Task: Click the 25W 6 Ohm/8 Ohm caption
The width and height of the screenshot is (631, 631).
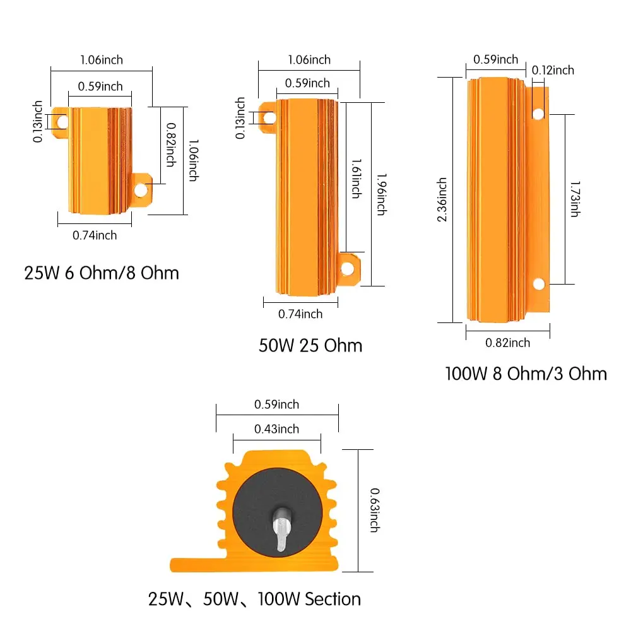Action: tap(102, 273)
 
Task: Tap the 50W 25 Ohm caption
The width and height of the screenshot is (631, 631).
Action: tap(310, 345)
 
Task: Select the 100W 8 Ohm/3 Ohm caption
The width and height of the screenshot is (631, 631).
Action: tap(526, 374)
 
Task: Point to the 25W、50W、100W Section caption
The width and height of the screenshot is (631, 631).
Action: tap(254, 599)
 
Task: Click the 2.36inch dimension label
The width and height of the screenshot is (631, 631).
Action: tap(442, 199)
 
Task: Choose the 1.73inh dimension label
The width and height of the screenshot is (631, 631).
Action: tap(575, 199)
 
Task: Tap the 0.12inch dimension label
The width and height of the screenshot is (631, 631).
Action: tap(553, 70)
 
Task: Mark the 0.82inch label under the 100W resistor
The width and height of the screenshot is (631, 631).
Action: tap(507, 343)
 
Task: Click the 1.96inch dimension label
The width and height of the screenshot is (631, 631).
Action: tap(382, 194)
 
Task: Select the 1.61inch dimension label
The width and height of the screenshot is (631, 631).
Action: tap(357, 179)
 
